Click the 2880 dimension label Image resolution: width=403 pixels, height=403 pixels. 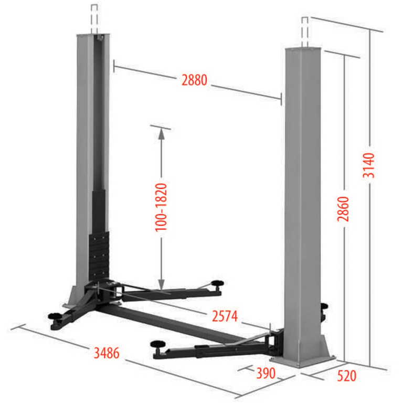[194, 80]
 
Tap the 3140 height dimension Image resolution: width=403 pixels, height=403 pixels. [368, 165]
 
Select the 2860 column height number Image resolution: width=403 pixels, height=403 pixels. [343, 209]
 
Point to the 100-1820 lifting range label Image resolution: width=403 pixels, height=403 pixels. [161, 207]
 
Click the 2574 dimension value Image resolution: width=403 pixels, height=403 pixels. [225, 316]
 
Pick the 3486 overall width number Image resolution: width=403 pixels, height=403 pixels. [107, 353]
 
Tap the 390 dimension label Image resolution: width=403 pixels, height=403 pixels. [266, 373]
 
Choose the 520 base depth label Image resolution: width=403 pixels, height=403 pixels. [347, 376]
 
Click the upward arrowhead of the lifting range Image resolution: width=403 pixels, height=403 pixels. [161, 134]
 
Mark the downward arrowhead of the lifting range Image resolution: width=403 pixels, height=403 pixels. [161, 284]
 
